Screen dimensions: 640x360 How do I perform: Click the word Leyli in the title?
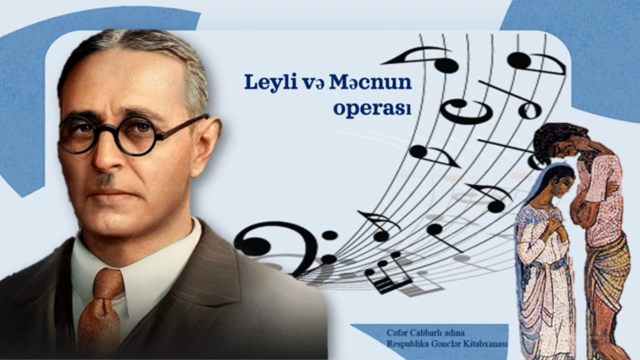click(x=270, y=82)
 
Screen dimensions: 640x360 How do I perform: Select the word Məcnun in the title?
click(x=371, y=82)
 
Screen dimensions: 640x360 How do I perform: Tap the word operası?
click(x=372, y=109)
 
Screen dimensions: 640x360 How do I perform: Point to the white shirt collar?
click(x=134, y=252)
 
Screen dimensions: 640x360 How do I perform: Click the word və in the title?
click(x=313, y=84)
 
